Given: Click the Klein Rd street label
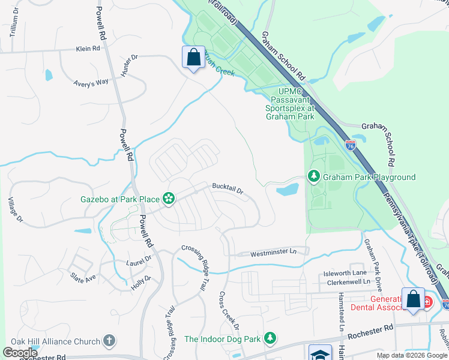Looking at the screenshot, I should point(88,49).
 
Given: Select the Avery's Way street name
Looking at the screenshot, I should point(91,83).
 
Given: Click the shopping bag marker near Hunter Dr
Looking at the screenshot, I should point(193,58).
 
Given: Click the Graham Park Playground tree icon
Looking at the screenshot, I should point(313,176).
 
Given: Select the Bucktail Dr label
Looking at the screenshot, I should point(227,190).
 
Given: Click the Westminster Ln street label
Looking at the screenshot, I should point(273,253).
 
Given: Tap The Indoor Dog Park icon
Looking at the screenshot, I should point(270,339).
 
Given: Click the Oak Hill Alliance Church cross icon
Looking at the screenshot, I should point(109,341).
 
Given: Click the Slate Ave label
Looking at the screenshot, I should point(83,278).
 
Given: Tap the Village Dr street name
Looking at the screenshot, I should point(16,210).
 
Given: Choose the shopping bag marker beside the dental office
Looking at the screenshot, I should point(413,299).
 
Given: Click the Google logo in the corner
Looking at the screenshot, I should point(20,353).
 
